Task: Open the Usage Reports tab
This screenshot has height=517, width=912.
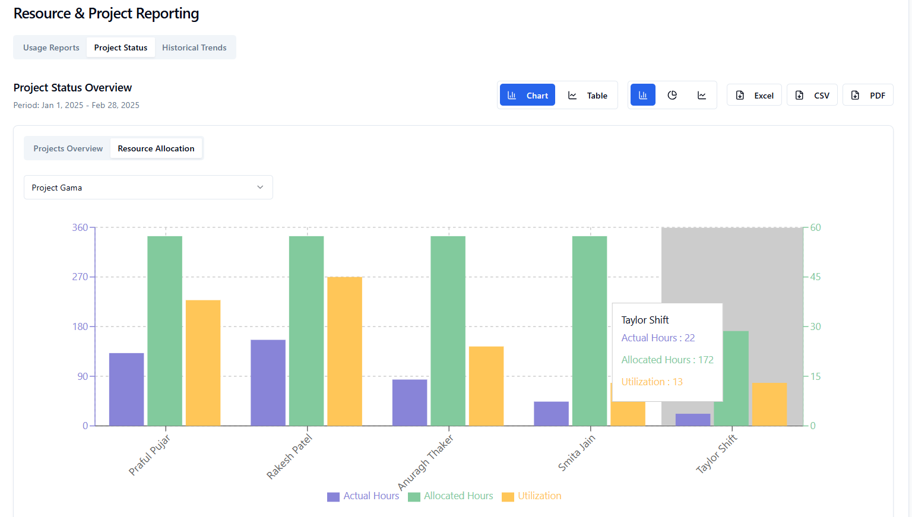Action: click(x=51, y=47)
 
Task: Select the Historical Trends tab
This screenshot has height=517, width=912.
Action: click(x=194, y=47)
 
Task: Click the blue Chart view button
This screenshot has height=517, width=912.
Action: click(x=527, y=95)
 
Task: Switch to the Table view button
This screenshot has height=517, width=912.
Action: click(x=588, y=95)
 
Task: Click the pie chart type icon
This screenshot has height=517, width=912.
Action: click(x=672, y=95)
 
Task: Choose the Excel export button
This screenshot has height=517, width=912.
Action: click(x=754, y=95)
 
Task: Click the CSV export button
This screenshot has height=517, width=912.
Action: click(x=812, y=95)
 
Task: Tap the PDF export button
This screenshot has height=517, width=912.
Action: click(x=867, y=95)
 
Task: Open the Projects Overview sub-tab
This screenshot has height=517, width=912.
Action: click(x=68, y=148)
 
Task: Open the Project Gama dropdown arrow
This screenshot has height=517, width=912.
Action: click(x=260, y=187)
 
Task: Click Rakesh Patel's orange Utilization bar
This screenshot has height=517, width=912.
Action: click(x=344, y=351)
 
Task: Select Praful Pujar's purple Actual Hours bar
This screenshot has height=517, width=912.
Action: click(x=126, y=389)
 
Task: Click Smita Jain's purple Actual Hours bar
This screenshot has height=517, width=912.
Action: click(x=551, y=414)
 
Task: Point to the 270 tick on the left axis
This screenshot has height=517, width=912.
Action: click(x=80, y=277)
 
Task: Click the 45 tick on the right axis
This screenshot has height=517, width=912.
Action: click(x=816, y=277)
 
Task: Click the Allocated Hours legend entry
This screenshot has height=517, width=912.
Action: click(x=451, y=496)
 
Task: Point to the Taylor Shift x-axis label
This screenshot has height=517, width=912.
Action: click(x=717, y=453)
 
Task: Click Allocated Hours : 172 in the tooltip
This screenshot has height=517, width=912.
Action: click(x=667, y=360)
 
